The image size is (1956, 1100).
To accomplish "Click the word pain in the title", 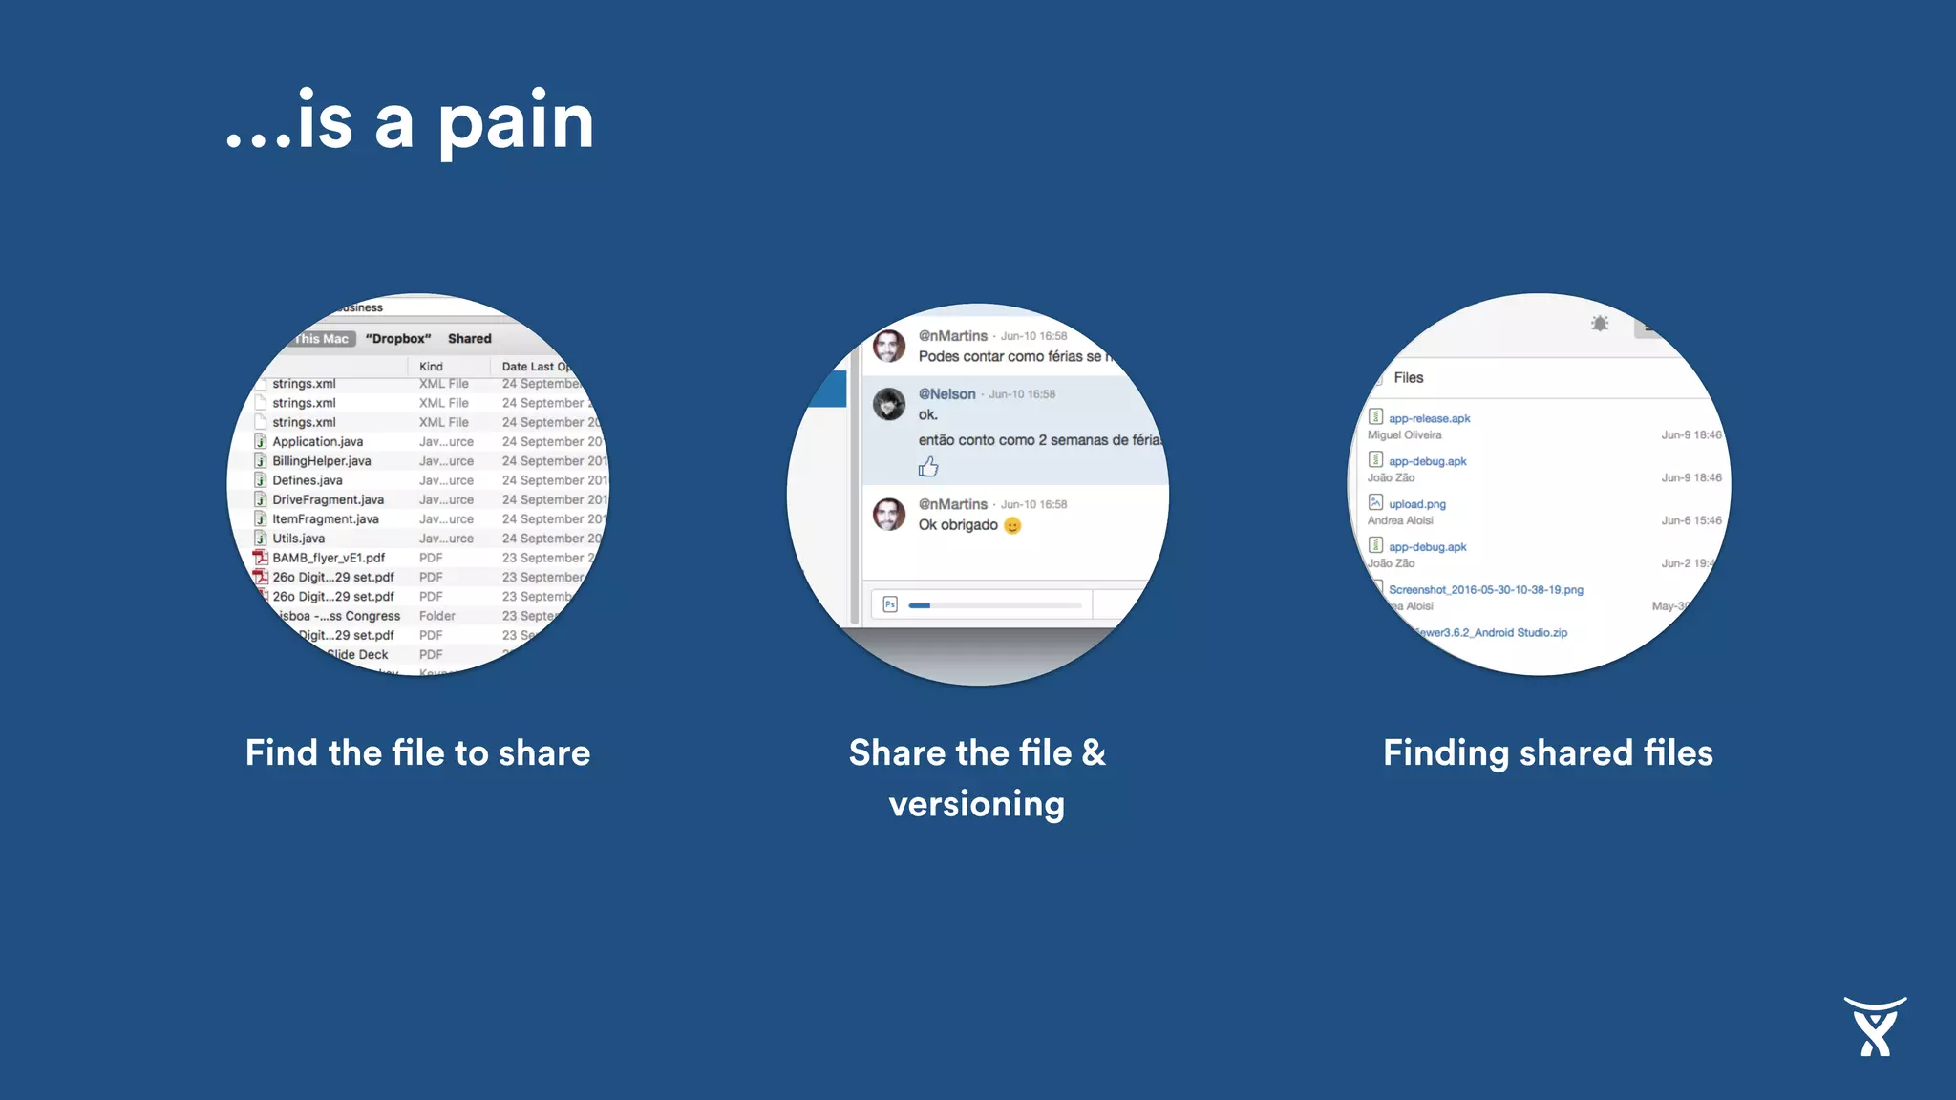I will [516, 124].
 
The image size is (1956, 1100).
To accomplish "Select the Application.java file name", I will [317, 442].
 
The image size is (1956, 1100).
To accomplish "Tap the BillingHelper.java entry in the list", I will [321, 461].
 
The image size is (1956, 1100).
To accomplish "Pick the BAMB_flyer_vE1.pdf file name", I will [329, 558].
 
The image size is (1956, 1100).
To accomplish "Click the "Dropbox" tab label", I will [398, 339].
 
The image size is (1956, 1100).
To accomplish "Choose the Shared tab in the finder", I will [469, 339].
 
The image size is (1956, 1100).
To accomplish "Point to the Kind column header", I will [431, 367].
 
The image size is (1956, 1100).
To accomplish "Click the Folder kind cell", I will [436, 616].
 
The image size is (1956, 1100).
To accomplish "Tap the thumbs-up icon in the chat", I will [928, 467].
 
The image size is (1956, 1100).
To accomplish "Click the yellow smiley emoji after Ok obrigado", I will [1012, 525].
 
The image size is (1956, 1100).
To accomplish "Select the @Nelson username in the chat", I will [946, 394].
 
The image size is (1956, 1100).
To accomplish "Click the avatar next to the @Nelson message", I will [889, 405].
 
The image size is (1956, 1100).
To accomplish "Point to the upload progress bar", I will [994, 605].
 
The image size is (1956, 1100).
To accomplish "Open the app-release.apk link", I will [1429, 418].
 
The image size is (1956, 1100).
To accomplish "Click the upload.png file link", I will [1416, 504].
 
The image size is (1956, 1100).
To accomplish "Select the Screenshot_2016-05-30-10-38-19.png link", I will [1485, 590].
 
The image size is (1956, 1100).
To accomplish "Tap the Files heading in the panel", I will [1408, 378].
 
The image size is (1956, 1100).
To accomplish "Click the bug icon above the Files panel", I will [1600, 324].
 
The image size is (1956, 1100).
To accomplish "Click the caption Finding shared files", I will [1548, 753].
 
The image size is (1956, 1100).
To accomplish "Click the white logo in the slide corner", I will [1875, 1026].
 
